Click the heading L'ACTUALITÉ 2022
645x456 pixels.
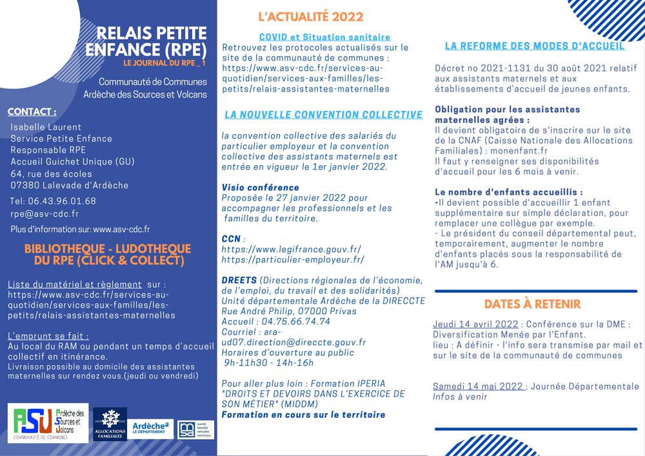(x=310, y=17)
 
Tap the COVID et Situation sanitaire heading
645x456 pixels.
(x=324, y=37)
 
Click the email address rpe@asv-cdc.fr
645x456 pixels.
(x=45, y=214)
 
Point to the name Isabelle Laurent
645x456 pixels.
(x=47, y=126)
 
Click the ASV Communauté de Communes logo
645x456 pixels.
(x=48, y=423)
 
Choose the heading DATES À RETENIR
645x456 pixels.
(x=532, y=304)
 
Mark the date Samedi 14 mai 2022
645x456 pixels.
(x=477, y=386)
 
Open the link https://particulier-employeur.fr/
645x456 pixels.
(x=293, y=260)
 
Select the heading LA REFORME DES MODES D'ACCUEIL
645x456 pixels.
(x=535, y=46)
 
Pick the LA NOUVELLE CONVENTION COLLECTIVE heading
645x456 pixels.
(x=323, y=115)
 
